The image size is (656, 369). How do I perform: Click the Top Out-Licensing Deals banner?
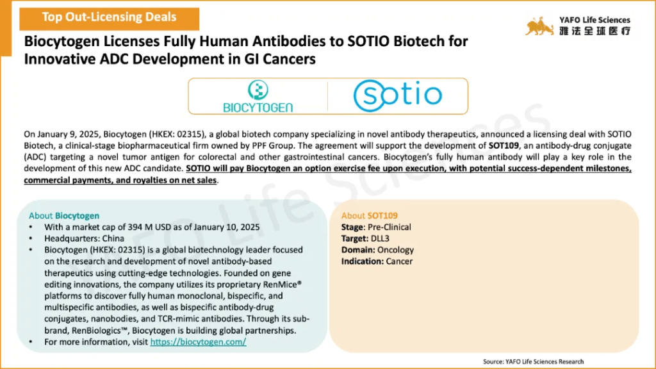(x=109, y=19)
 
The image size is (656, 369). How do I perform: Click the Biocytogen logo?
(x=258, y=96)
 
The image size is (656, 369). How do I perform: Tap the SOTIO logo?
(x=397, y=95)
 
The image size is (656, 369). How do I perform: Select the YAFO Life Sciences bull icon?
(x=539, y=26)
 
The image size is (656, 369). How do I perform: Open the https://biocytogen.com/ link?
(x=198, y=342)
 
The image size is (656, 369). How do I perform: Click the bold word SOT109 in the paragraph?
(x=504, y=145)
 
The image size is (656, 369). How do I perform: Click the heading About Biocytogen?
(x=64, y=215)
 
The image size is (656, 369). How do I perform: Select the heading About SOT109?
(x=370, y=215)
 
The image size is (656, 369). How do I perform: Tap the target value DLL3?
(x=380, y=238)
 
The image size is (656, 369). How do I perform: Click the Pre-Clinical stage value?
(x=389, y=227)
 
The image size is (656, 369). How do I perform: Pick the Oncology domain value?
(x=395, y=250)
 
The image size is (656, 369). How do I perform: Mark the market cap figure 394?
(x=135, y=227)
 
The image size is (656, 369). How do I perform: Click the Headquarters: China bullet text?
(x=84, y=238)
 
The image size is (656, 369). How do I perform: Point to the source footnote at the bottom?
(x=533, y=361)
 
